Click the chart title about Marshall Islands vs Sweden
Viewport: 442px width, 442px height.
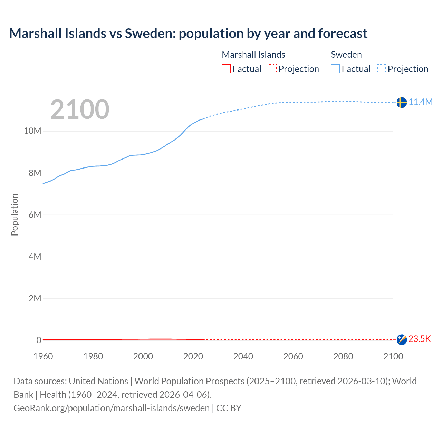tap(188, 33)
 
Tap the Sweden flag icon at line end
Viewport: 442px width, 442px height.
tap(401, 102)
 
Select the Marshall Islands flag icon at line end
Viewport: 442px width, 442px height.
tap(401, 339)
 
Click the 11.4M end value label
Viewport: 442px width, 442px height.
tap(421, 102)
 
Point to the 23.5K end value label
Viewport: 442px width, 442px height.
tap(420, 339)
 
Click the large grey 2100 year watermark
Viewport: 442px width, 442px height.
tap(80, 109)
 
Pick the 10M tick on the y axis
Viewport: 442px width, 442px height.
tap(32, 131)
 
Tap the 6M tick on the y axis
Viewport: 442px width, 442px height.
tap(35, 215)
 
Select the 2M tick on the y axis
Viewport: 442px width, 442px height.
tap(35, 298)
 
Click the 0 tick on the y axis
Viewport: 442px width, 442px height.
tap(39, 340)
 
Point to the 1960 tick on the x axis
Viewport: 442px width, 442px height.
tap(43, 356)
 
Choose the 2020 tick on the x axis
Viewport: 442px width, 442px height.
tap(193, 356)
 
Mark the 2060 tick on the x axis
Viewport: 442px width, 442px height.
tap(293, 356)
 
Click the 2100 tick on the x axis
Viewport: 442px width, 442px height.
tap(393, 356)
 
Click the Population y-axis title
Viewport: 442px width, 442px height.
tap(15, 214)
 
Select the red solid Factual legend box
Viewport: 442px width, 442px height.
tap(226, 69)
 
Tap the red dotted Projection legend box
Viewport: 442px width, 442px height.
tap(272, 69)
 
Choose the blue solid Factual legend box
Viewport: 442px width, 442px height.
tap(335, 69)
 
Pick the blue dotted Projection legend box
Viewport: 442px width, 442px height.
tap(381, 69)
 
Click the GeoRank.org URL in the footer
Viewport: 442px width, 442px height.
tap(112, 408)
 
